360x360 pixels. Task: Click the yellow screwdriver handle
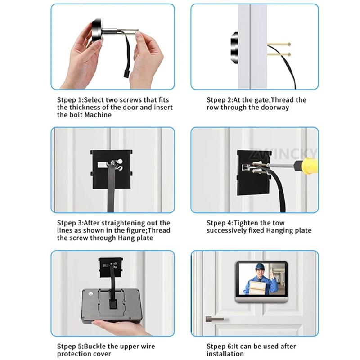click(x=309, y=166)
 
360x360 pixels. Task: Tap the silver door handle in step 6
click(x=215, y=319)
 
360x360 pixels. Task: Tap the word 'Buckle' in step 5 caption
click(x=95, y=346)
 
